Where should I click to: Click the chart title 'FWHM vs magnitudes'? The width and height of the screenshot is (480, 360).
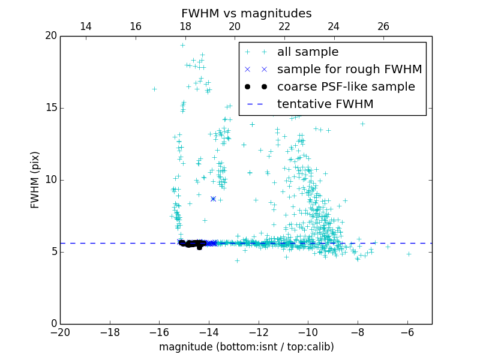pos(246,13)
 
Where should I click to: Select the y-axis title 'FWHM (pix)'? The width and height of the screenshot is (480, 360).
pos(35,179)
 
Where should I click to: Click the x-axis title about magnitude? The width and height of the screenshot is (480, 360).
pos(246,347)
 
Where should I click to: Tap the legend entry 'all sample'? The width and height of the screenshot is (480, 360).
pos(307,52)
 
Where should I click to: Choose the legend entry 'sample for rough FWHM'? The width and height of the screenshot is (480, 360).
pos(349,70)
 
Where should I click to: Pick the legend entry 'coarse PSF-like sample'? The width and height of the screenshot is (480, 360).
pos(346,87)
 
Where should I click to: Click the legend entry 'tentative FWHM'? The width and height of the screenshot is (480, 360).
pos(325,104)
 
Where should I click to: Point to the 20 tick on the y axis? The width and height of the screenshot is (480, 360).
pos(50,36)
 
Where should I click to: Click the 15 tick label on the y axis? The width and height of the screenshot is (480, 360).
pos(50,108)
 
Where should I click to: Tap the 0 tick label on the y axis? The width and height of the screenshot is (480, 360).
pos(53,324)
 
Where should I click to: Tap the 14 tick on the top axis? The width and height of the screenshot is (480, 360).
pos(86,26)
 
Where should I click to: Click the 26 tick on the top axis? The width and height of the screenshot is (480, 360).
pos(383,26)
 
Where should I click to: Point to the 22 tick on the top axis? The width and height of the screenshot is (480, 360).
pos(284,26)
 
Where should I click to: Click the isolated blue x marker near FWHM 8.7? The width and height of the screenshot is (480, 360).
pos(213,199)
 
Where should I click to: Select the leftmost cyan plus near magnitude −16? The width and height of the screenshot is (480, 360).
pos(154,89)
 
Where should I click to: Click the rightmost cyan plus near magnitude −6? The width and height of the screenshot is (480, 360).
pos(409,254)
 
